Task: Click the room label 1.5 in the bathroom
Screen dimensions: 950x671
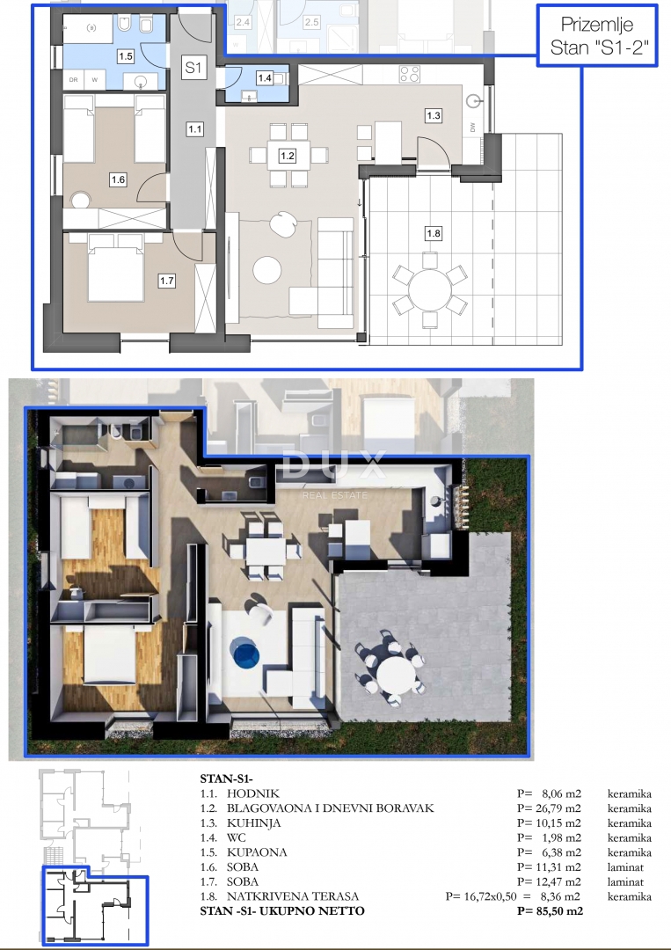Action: [x=125, y=56]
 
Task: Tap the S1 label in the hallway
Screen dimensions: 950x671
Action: [x=193, y=68]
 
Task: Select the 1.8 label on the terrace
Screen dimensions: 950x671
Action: [x=433, y=234]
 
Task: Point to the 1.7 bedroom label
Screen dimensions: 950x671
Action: [x=167, y=281]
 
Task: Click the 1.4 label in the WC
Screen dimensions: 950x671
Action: [x=265, y=78]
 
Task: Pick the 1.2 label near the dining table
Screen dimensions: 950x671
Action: [x=287, y=157]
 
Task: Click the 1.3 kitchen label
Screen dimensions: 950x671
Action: [x=433, y=115]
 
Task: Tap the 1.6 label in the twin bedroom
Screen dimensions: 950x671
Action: [x=118, y=180]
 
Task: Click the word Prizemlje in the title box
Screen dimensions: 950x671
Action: [x=597, y=24]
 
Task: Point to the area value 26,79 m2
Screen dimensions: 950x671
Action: [x=549, y=808]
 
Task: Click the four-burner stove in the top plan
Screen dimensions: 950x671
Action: [x=409, y=74]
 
